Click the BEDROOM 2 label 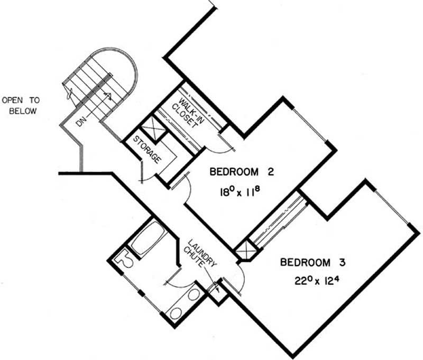[x=242, y=172]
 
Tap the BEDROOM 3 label [x=312, y=262]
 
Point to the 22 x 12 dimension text [x=316, y=281]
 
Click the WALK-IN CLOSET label [x=188, y=113]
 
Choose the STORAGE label [x=148, y=150]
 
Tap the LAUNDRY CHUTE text [x=200, y=254]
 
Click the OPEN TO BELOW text [x=21, y=105]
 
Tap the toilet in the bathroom [x=123, y=259]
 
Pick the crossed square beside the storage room [x=154, y=128]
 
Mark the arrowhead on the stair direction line [x=108, y=96]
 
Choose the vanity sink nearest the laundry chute [x=193, y=295]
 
